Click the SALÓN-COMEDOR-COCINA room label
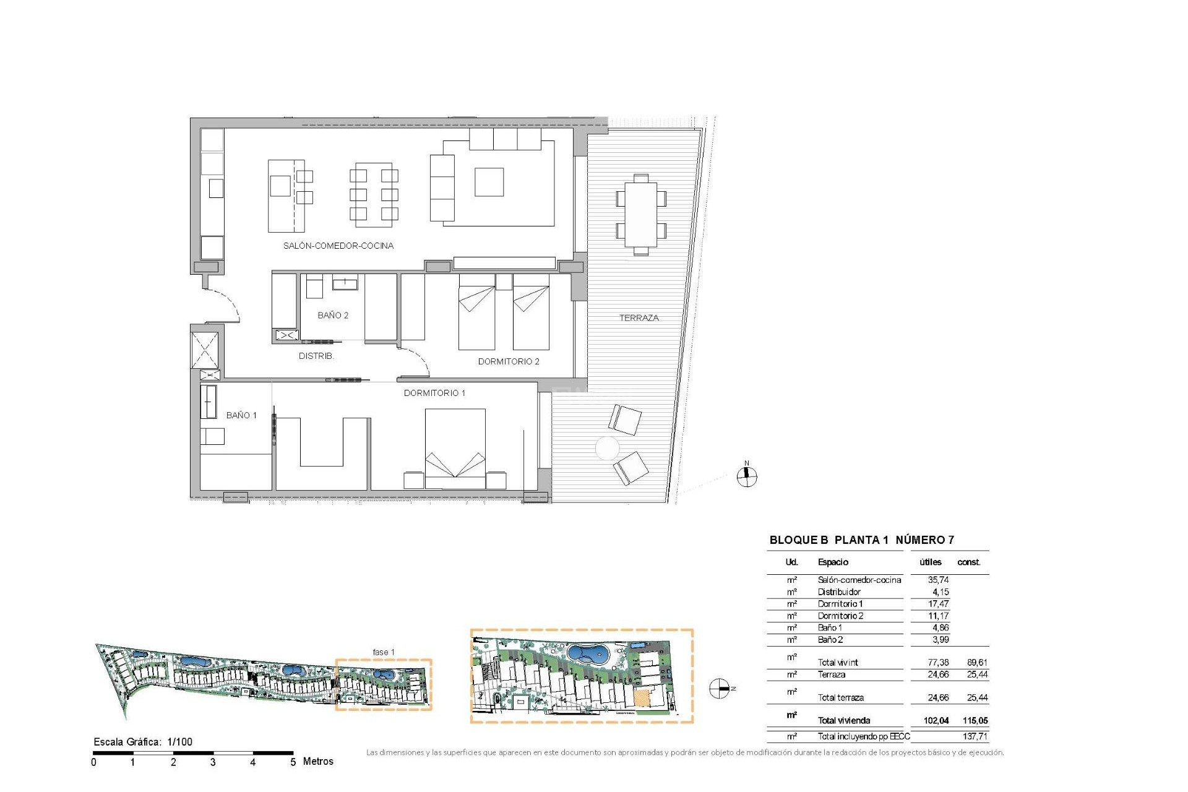pyautogui.click(x=338, y=246)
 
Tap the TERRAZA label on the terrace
pyautogui.click(x=639, y=318)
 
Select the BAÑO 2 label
pyautogui.click(x=332, y=316)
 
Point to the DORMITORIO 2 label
pyautogui.click(x=508, y=361)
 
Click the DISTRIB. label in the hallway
pyautogui.click(x=316, y=356)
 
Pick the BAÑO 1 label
pyautogui.click(x=241, y=415)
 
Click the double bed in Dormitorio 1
pyautogui.click(x=455, y=449)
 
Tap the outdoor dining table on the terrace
pyautogui.click(x=640, y=215)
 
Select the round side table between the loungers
pyautogui.click(x=607, y=448)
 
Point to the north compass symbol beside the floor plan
pyautogui.click(x=747, y=476)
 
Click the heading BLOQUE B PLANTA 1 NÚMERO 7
pyautogui.click(x=861, y=540)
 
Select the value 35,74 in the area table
pyautogui.click(x=938, y=580)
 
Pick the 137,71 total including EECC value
pyautogui.click(x=975, y=736)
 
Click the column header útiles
pyautogui.click(x=930, y=562)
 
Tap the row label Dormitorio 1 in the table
pyautogui.click(x=840, y=604)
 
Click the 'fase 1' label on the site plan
pyautogui.click(x=383, y=652)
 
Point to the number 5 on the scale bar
pyautogui.click(x=293, y=762)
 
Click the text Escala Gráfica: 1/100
pyautogui.click(x=143, y=742)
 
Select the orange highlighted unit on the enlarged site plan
pyautogui.click(x=642, y=698)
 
